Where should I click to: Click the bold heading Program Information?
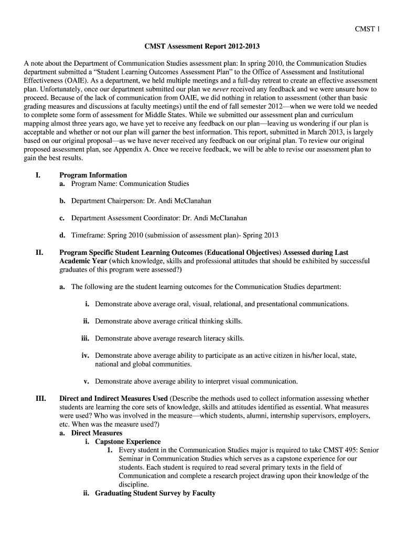tap(93, 175)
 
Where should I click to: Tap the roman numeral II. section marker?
tap(39, 253)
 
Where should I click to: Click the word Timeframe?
tap(90, 235)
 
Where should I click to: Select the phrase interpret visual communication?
tap(251, 381)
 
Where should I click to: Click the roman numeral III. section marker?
tap(40, 399)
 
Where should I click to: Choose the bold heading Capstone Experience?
tap(127, 442)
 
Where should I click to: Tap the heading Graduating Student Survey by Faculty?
tap(155, 493)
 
